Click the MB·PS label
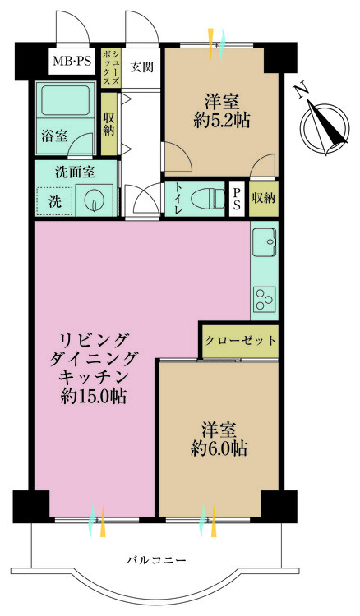point(72,60)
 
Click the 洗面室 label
point(75,172)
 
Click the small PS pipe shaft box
point(237,198)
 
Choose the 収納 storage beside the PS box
point(263,198)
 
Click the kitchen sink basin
point(265,243)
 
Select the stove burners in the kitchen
point(265,299)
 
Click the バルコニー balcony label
point(156,560)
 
